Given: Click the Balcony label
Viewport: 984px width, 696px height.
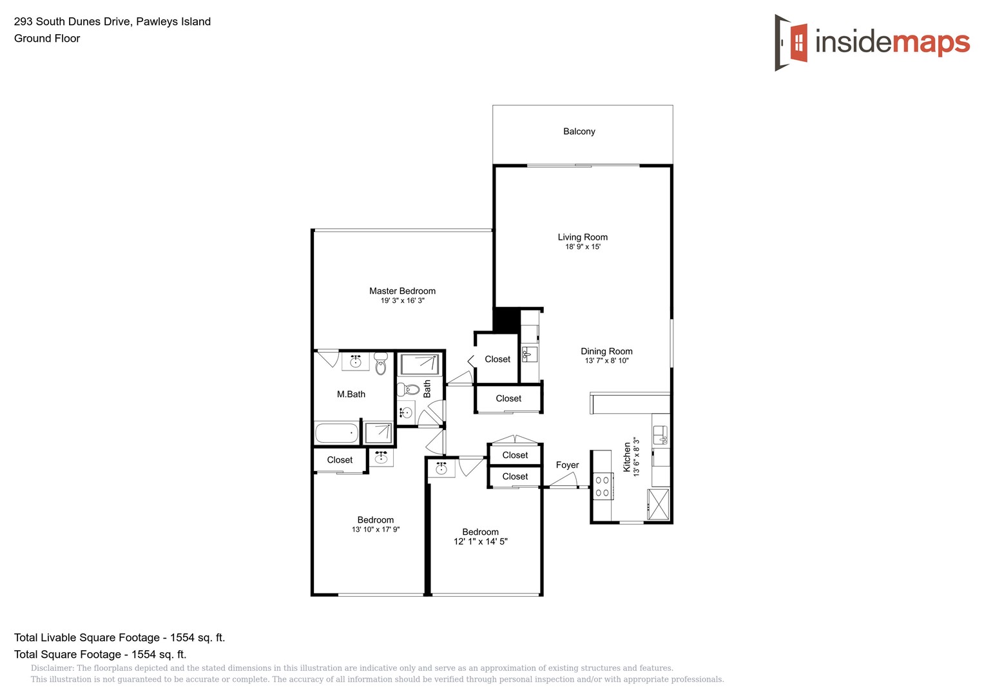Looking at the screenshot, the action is click(x=579, y=131).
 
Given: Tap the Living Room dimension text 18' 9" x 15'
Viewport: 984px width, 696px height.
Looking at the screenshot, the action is click(x=583, y=247).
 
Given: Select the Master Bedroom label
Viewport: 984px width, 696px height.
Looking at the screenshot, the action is click(x=402, y=291).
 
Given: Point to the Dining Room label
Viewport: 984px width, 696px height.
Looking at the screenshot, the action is click(x=606, y=351).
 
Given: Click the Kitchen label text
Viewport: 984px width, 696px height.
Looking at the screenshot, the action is click(x=627, y=458).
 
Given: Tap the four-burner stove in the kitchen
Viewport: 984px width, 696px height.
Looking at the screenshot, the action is click(x=602, y=487).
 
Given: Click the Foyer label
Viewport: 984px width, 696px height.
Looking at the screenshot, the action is click(x=567, y=465).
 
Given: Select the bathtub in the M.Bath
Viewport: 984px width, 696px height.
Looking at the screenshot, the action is click(x=336, y=433).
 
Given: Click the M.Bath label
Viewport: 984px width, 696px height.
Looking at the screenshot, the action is click(x=351, y=394).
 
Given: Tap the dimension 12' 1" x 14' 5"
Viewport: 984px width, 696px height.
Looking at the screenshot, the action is click(x=480, y=542).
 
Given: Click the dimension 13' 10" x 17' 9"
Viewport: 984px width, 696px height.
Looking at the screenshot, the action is click(x=375, y=530).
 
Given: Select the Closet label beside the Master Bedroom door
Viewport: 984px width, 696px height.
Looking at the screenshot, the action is click(x=497, y=360).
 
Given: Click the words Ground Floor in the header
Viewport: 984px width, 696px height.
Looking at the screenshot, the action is click(x=47, y=39).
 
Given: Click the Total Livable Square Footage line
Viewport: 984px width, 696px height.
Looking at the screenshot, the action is click(x=119, y=638).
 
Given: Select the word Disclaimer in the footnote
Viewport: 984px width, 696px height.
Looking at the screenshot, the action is click(x=52, y=668).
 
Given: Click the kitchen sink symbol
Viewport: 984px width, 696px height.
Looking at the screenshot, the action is click(x=660, y=436).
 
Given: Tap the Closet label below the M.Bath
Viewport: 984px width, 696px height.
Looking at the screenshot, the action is click(x=340, y=460).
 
